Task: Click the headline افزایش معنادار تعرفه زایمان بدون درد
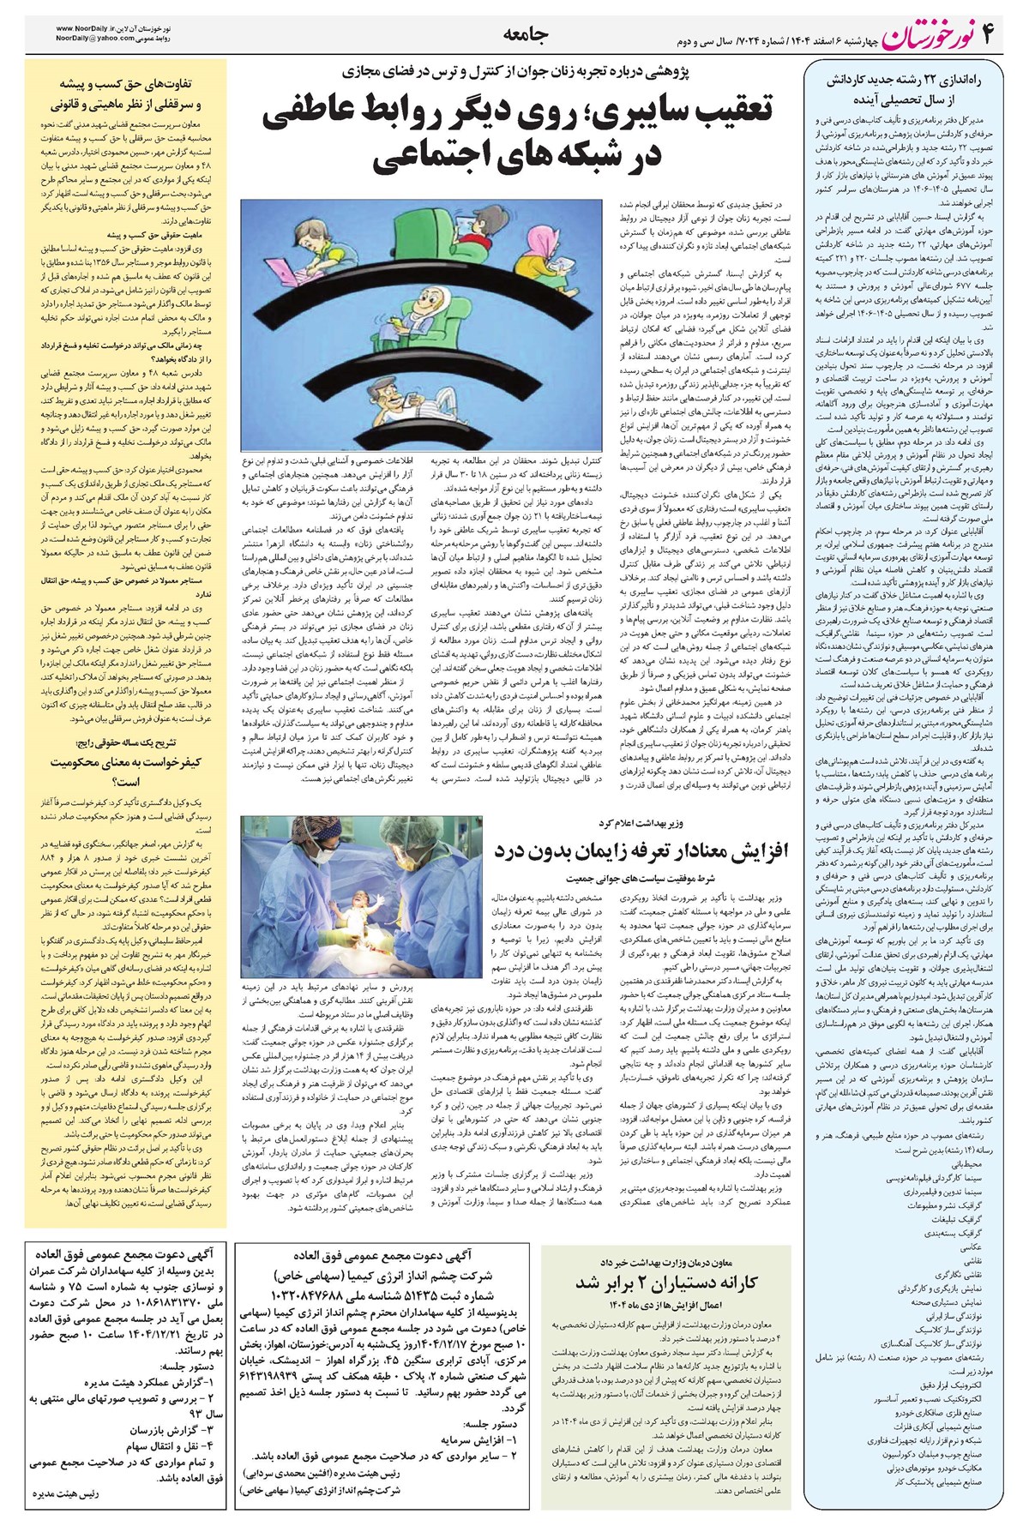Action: coord(641,850)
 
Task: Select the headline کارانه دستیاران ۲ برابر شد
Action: coord(666,1283)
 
